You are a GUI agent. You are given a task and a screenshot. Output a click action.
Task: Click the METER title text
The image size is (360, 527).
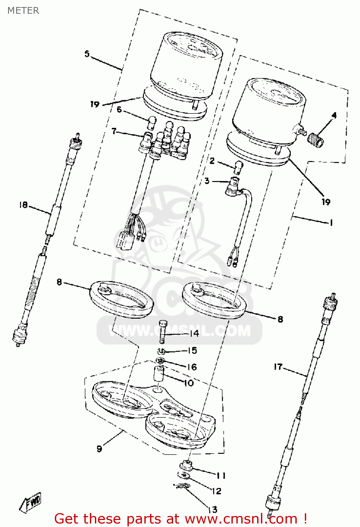(23, 11)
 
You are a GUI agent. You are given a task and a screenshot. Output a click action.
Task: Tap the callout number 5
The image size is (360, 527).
(87, 54)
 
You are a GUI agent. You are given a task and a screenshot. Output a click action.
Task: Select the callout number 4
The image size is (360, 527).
(334, 115)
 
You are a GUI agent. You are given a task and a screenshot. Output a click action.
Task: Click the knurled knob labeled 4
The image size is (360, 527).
(315, 140)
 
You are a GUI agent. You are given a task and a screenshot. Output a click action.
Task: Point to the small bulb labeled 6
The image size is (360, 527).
(152, 123)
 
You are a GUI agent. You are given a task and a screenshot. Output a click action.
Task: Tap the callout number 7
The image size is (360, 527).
(114, 131)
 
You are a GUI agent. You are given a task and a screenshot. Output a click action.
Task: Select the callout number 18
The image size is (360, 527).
(23, 204)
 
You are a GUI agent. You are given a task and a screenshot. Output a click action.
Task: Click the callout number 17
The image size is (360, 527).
(278, 367)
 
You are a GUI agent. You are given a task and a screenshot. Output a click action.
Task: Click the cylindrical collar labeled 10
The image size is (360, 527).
(159, 373)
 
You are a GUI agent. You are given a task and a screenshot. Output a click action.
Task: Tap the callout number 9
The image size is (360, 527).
(99, 449)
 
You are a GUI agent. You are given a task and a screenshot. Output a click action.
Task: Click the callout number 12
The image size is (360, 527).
(217, 491)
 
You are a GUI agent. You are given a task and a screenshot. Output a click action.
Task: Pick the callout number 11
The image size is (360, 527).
(221, 475)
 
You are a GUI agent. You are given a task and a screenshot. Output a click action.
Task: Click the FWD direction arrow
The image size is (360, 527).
(31, 502)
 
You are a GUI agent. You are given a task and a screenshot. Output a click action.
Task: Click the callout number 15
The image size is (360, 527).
(192, 350)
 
